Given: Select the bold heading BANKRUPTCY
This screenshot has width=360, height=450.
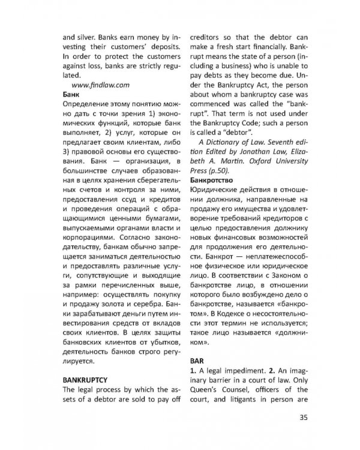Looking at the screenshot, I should click(85, 380).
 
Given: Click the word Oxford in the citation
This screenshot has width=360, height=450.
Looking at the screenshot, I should click(257, 159).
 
